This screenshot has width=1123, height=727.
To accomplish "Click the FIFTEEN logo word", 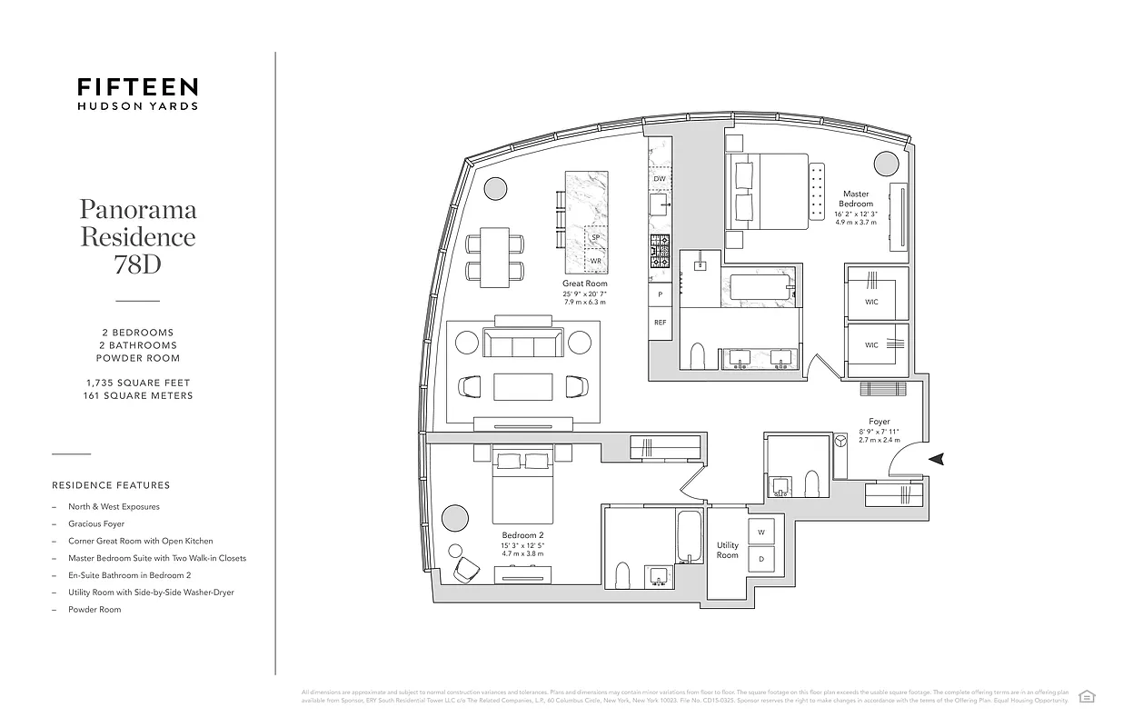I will tap(138, 87).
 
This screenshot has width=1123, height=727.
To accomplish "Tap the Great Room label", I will tap(584, 284).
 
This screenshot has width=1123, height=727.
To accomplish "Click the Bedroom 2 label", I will tap(522, 535).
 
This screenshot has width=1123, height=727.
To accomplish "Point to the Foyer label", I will tap(879, 422).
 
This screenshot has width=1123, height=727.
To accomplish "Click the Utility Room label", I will tap(727, 550).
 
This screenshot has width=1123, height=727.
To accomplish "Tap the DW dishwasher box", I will tap(660, 179).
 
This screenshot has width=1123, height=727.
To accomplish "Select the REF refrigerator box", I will tap(660, 323).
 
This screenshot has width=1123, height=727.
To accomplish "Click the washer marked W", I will tap(760, 533).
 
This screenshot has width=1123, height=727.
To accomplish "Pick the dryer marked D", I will tap(760, 559).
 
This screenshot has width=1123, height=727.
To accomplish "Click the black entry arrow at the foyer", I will tap(937, 460).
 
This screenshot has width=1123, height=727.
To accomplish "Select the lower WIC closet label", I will tap(871, 344).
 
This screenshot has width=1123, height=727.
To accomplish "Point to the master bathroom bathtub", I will tap(761, 288).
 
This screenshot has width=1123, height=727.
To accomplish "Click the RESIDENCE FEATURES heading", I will tap(111, 485).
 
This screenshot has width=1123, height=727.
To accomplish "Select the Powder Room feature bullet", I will tap(94, 610).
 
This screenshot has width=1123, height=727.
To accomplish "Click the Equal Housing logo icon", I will tap(1086, 696).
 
